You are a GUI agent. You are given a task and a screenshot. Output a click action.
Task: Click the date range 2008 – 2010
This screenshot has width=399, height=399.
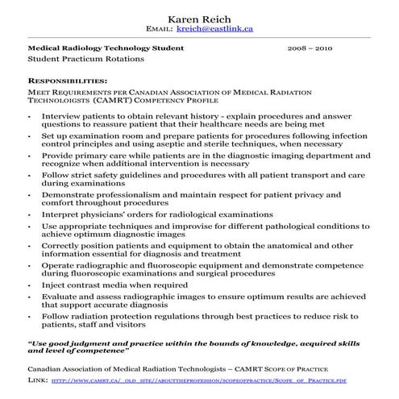pyautogui.click(x=310, y=48)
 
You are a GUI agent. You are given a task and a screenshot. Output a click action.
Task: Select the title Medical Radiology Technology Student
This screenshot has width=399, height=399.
pyautogui.click(x=106, y=48)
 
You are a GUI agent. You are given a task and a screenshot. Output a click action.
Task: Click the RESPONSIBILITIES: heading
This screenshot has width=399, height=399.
pyautogui.click(x=67, y=81)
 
